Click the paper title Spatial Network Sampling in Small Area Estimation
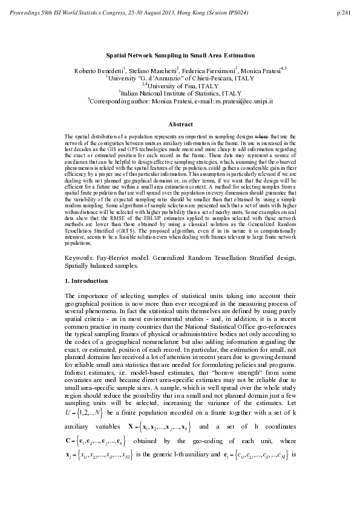(x=180, y=54)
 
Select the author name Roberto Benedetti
(x=97, y=70)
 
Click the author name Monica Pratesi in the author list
(x=266, y=70)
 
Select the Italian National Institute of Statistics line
(x=180, y=94)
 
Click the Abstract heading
(x=180, y=124)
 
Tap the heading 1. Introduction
(x=86, y=281)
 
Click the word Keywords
(x=84, y=258)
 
